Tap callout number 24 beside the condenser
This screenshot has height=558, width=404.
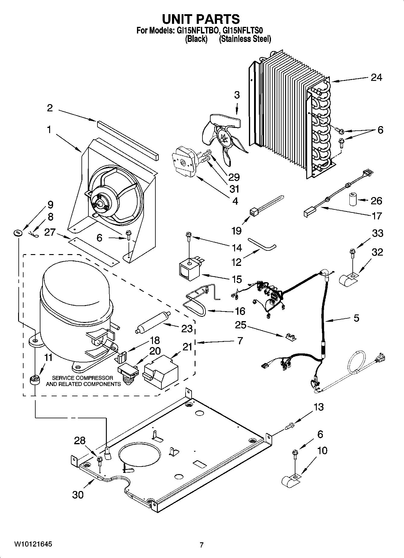click(x=376, y=78)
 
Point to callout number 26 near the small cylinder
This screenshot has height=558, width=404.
click(x=376, y=201)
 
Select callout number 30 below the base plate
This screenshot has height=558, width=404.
click(x=78, y=495)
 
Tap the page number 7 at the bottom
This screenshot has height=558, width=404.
click(x=202, y=545)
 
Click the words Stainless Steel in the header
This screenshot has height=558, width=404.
click(x=245, y=39)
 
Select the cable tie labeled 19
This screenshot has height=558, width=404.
click(x=266, y=204)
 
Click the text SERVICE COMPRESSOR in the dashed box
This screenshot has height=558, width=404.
click(x=83, y=378)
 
